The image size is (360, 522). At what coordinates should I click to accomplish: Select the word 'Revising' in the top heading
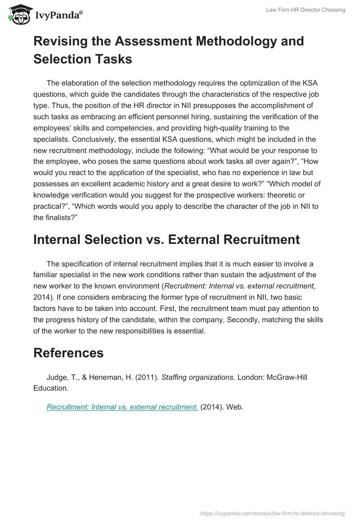point(62,41)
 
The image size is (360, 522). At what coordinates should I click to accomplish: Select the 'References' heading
point(68,353)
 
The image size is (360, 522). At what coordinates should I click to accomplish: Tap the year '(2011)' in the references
point(147,377)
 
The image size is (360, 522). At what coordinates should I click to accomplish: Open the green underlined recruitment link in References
point(122,407)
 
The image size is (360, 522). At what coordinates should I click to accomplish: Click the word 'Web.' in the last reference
point(234,407)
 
